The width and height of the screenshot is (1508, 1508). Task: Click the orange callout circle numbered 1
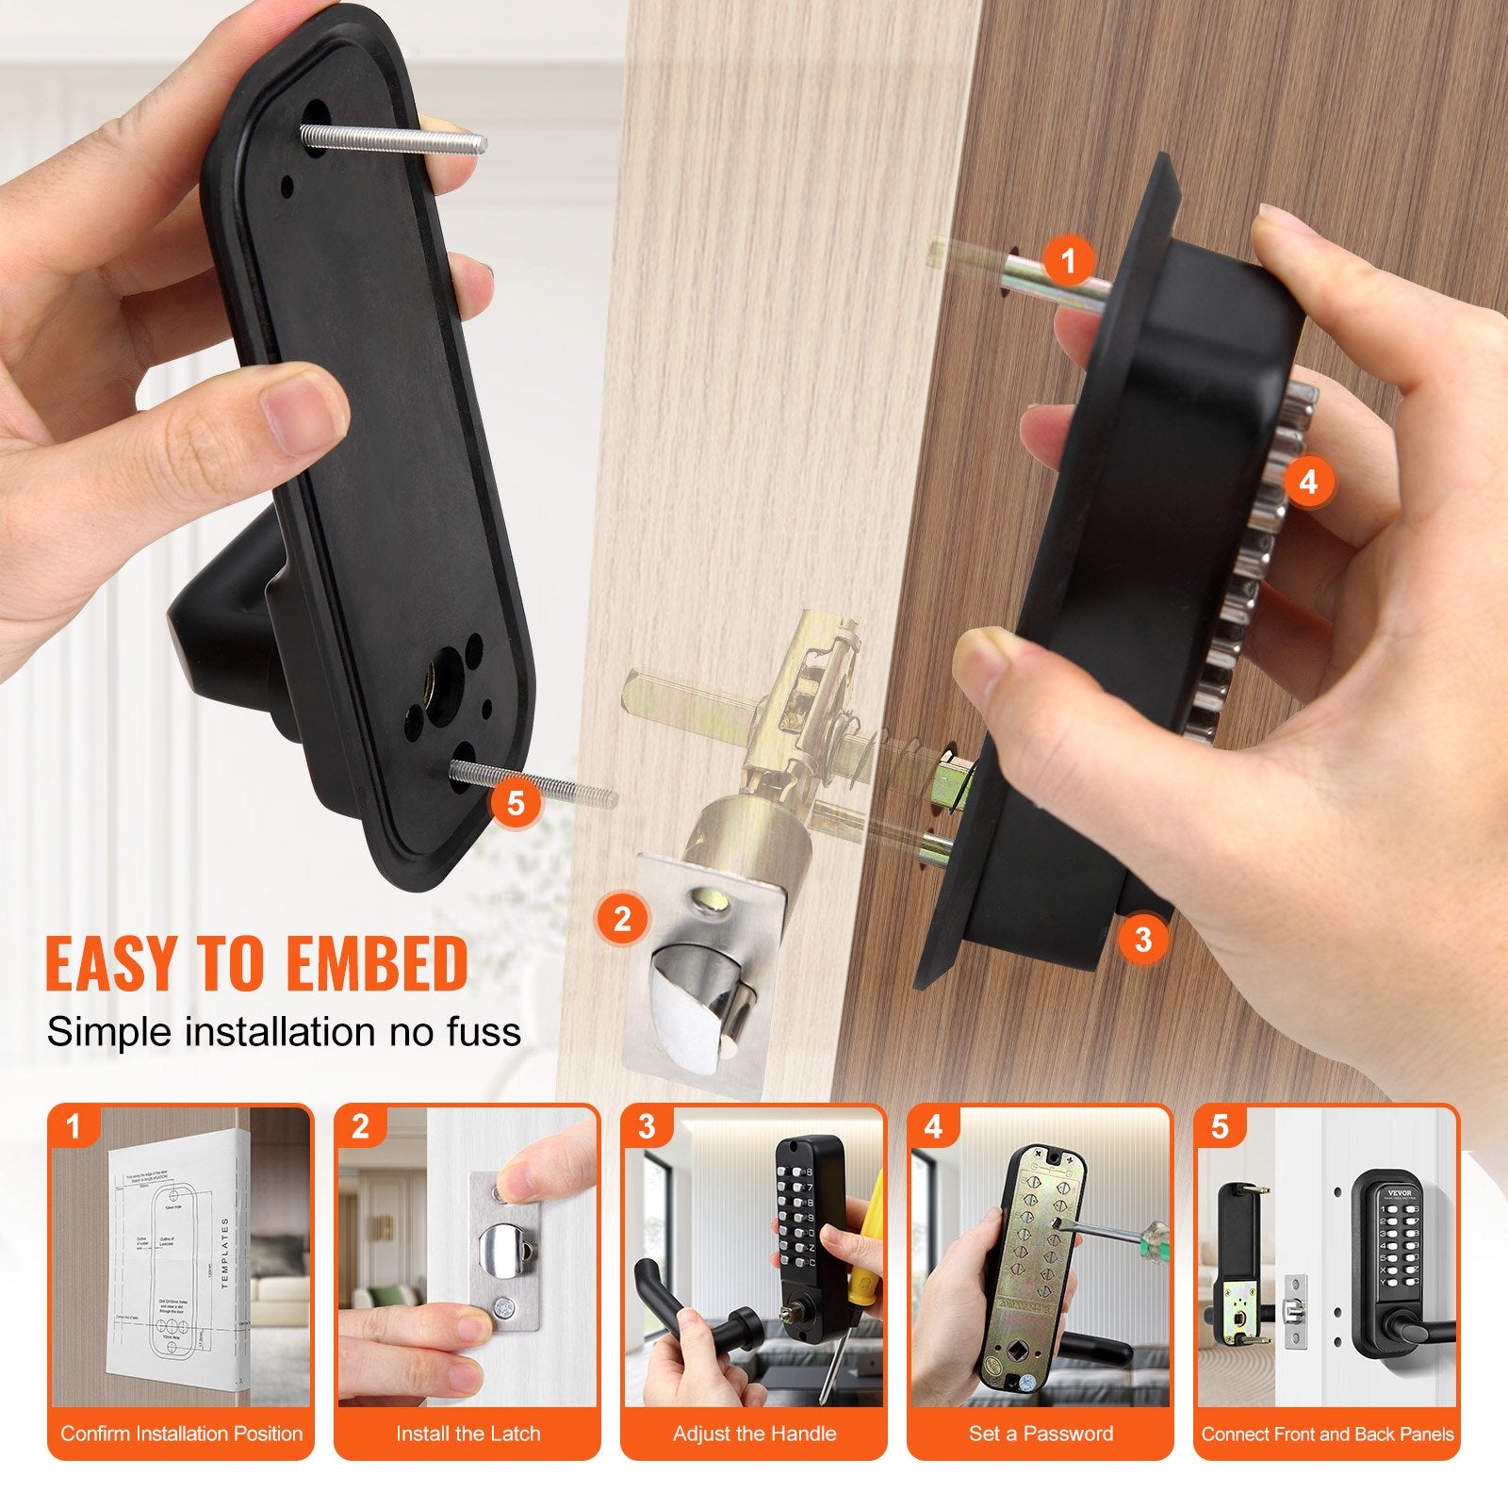pos(1068,260)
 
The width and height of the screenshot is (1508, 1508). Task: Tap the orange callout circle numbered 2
pos(622,917)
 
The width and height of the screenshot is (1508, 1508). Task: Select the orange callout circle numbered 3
pos(1143,938)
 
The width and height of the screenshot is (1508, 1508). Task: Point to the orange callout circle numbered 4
pos(1308,482)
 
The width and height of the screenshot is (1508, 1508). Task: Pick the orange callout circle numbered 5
pos(516,803)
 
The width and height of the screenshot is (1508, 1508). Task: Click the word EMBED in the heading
pos(377,963)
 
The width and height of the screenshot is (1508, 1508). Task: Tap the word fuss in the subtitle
pos(486,1032)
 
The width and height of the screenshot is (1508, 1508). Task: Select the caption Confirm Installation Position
pos(181,1434)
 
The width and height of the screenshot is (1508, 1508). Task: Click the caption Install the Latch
pos(467,1434)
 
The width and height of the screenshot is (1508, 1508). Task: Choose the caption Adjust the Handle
pos(754,1434)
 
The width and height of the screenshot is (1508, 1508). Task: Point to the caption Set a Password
pos(1041,1434)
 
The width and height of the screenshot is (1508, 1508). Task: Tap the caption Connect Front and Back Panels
pos(1327,1434)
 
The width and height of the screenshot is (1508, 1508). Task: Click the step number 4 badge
pos(933,1127)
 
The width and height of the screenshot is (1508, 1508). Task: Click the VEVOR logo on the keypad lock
pos(1401,1192)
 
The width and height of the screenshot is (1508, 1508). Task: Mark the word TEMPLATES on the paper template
pos(225,1253)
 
